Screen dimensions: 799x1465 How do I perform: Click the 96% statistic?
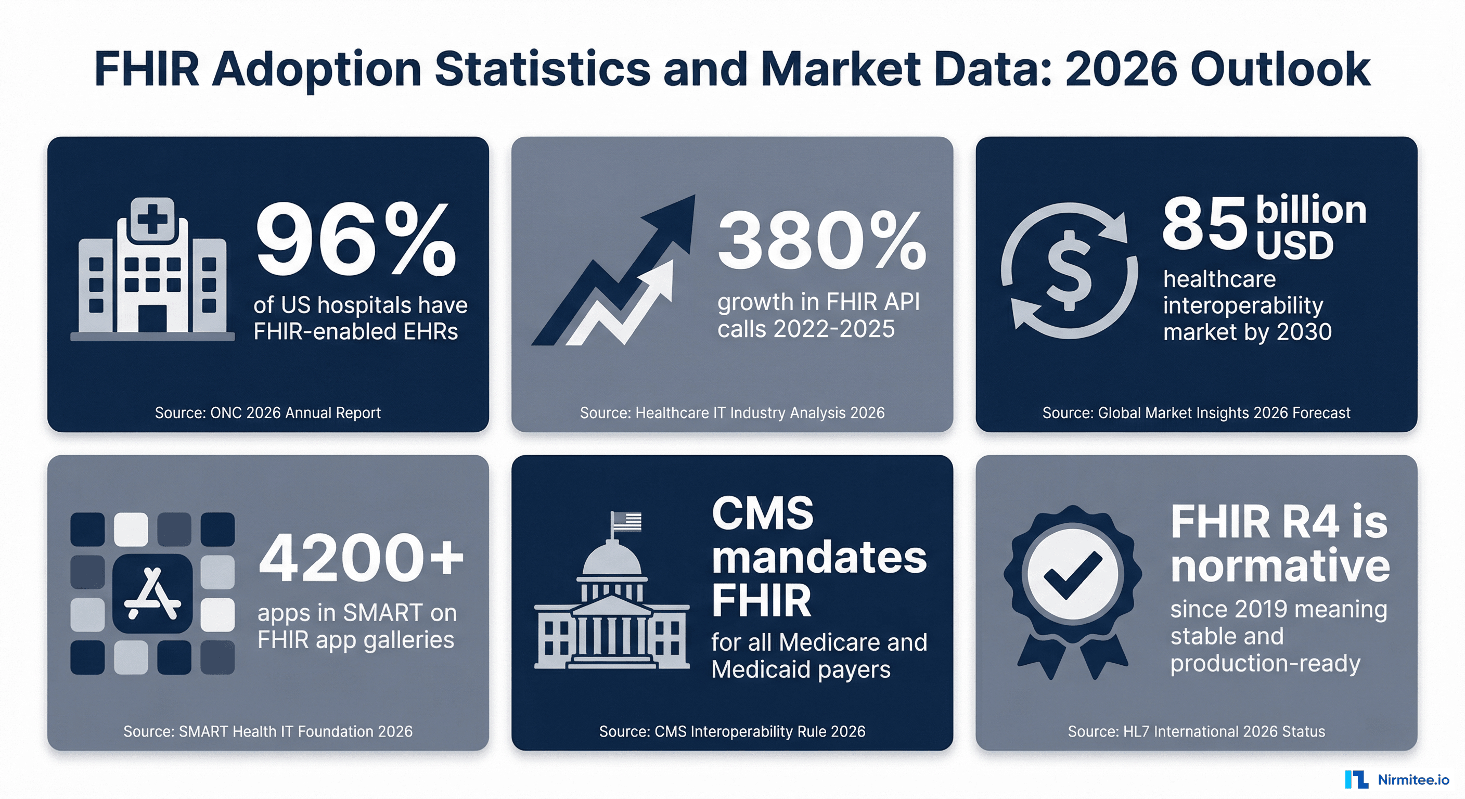pos(355,241)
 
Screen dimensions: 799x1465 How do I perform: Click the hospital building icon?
pos(152,270)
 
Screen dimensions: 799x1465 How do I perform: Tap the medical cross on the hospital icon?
pos(152,218)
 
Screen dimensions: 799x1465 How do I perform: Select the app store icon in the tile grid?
pos(152,593)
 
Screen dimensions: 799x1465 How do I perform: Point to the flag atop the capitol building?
pos(627,521)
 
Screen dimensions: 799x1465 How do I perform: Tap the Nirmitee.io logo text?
pos(1412,780)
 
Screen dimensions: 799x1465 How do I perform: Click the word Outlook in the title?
pos(1280,69)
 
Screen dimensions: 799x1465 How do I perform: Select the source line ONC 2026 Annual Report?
pos(267,413)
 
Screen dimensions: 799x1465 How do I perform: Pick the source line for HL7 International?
pos(1196,731)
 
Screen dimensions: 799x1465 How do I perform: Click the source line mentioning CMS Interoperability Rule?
pos(732,731)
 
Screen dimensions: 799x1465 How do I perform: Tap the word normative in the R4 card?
pos(1280,566)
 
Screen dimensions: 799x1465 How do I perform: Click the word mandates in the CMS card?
pos(819,557)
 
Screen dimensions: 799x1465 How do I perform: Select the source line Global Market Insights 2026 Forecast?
pos(1196,413)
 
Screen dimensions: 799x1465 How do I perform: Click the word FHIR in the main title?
pos(147,69)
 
